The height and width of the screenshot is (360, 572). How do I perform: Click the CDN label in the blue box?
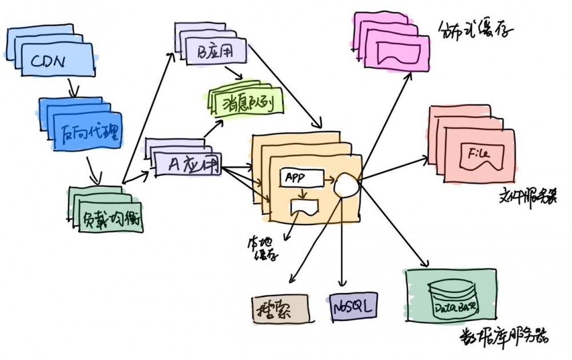pyautogui.click(x=49, y=60)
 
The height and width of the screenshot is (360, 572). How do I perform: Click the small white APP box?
pyautogui.click(x=301, y=178)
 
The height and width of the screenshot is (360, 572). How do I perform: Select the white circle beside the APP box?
pyautogui.click(x=347, y=184)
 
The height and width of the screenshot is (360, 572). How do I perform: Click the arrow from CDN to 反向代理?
pyautogui.click(x=73, y=88)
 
